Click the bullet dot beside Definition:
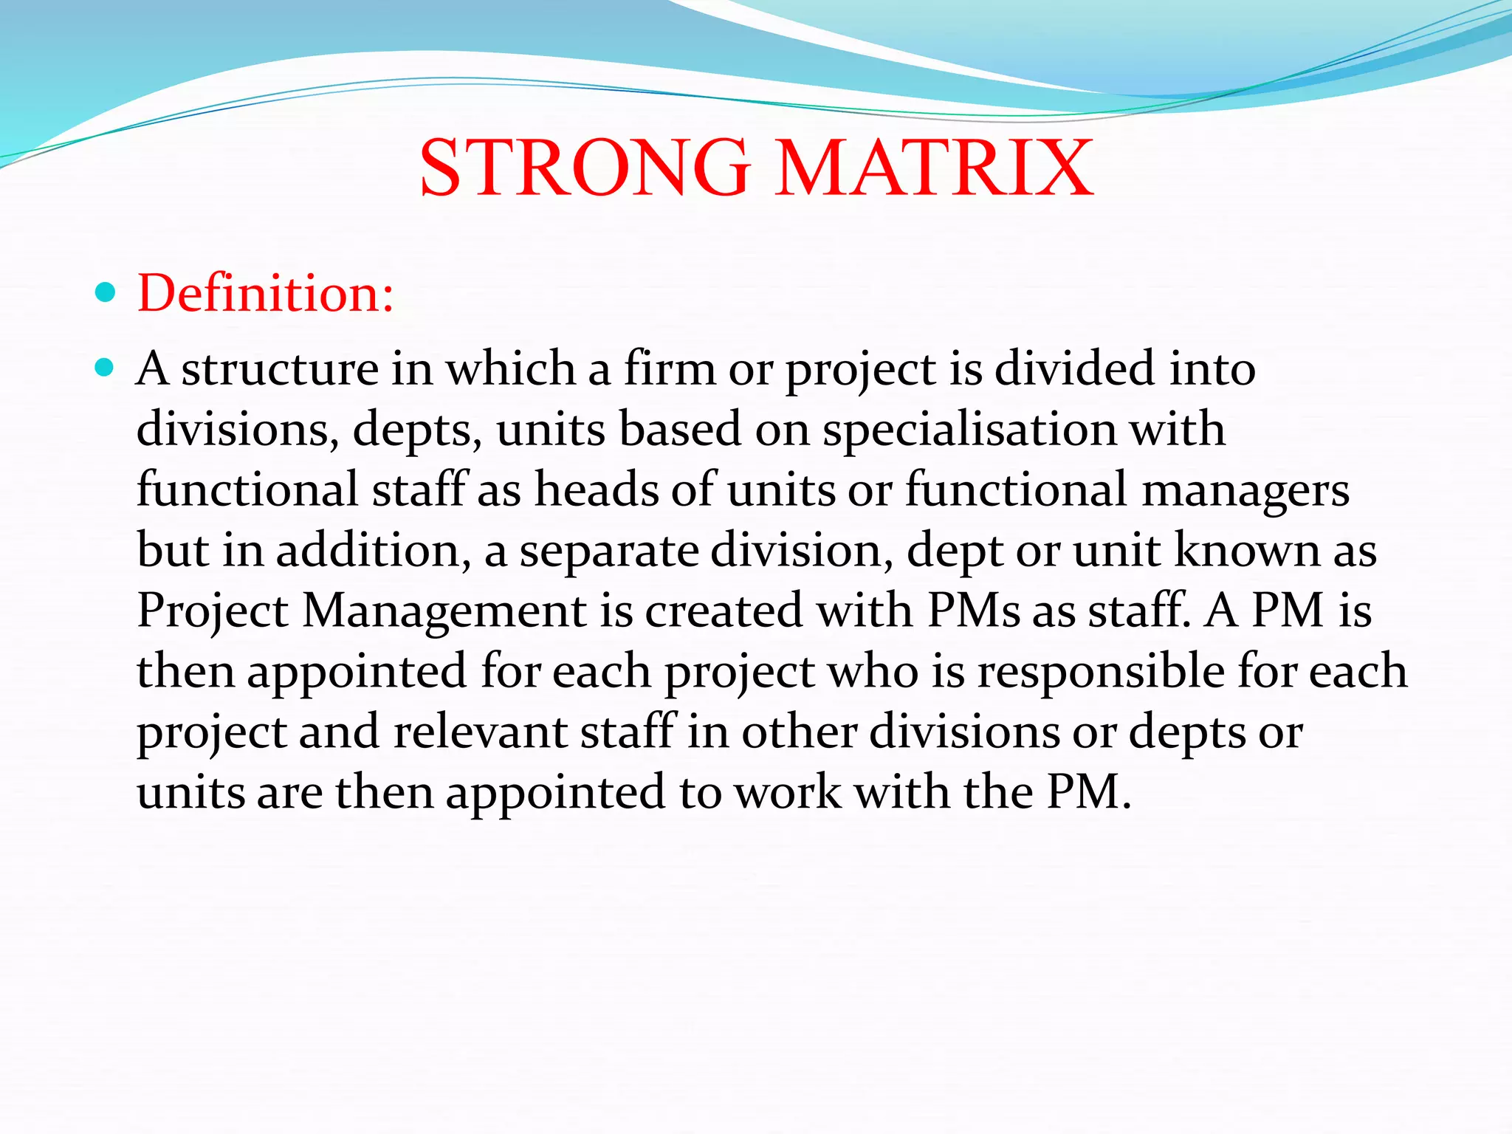click(x=106, y=293)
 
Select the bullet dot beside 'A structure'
click(x=106, y=367)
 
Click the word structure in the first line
click(x=279, y=369)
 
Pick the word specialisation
click(x=969, y=430)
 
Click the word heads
click(x=596, y=489)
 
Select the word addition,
click(x=374, y=551)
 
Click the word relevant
click(x=480, y=732)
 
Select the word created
click(x=724, y=611)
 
